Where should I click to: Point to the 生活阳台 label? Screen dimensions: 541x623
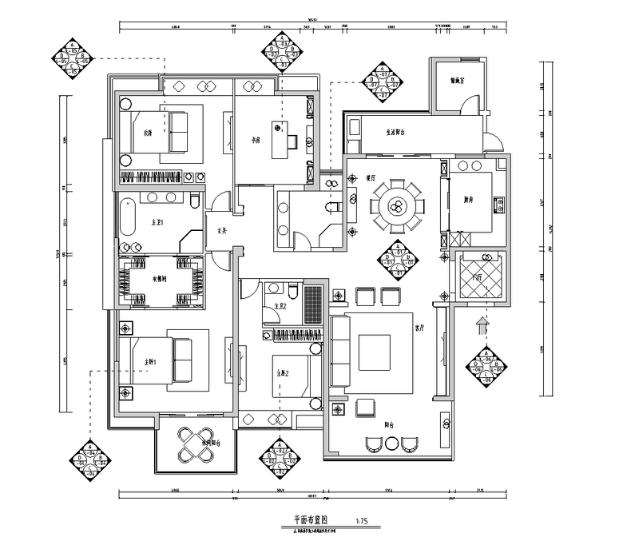[401, 133]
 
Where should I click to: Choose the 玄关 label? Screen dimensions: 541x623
[223, 233]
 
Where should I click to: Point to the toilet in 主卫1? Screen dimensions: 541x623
[194, 200]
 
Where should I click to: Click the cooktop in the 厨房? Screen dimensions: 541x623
[498, 205]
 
